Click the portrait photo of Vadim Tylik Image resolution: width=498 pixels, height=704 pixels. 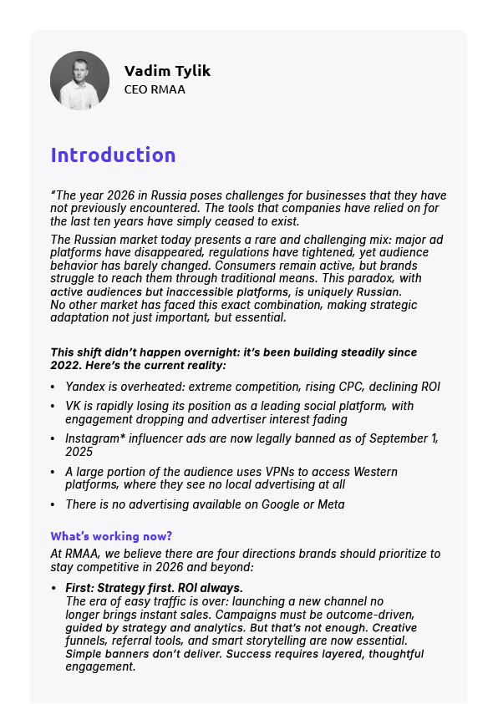click(79, 80)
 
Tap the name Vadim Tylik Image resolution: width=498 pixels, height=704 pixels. click(167, 71)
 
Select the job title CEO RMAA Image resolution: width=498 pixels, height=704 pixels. click(155, 89)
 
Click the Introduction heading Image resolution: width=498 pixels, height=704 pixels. click(113, 155)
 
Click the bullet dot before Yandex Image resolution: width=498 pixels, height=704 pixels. click(53, 387)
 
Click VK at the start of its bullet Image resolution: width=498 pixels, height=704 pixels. click(74, 405)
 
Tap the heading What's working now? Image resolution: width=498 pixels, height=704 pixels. click(111, 536)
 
